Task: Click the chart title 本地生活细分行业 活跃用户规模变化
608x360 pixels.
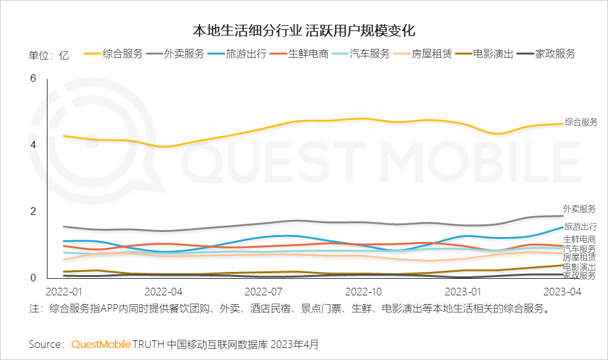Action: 304,30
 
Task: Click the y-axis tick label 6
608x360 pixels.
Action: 34,79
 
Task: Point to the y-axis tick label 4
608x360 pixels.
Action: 34,145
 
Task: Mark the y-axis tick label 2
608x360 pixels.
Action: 34,212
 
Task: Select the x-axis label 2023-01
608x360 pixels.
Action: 464,292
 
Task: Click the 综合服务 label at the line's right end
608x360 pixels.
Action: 581,122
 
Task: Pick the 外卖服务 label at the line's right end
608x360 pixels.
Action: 579,209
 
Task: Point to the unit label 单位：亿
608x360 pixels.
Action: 49,55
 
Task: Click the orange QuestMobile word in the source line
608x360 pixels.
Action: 101,344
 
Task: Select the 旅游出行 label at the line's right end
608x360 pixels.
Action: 580,227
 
